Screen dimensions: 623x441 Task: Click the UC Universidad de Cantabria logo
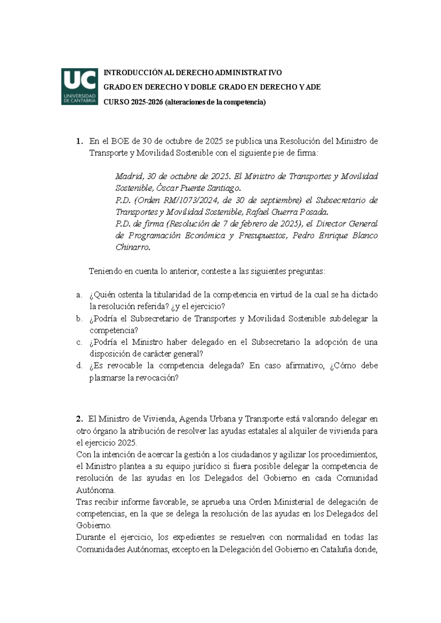click(x=79, y=87)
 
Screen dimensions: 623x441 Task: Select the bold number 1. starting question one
click(x=79, y=141)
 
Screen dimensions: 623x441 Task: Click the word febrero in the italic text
click(x=254, y=224)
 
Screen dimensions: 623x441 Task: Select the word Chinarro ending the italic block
click(x=132, y=248)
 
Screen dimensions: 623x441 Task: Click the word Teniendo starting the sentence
click(x=105, y=271)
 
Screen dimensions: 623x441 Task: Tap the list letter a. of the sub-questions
click(x=79, y=295)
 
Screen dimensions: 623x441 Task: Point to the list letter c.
click(x=79, y=342)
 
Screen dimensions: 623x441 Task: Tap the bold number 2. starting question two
click(x=79, y=419)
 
